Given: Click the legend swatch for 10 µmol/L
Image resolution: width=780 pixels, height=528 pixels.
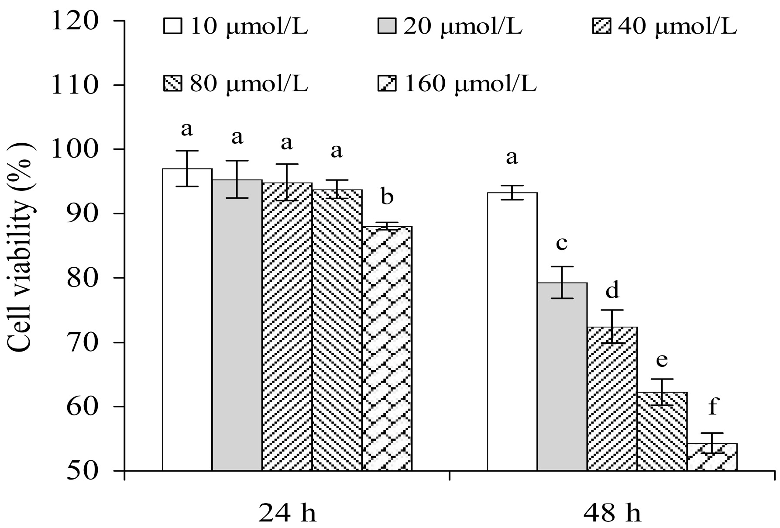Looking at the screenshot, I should click(x=172, y=26).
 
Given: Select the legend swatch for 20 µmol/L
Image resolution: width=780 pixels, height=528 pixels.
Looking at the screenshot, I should click(x=386, y=26).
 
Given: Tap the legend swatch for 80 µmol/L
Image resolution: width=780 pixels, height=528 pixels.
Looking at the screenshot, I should click(x=172, y=83).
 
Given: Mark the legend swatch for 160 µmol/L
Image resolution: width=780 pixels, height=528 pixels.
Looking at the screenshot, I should click(x=386, y=83).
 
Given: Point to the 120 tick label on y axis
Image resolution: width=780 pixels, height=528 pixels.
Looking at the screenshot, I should click(x=75, y=21).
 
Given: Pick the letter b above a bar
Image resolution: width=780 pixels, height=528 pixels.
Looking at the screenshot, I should click(x=387, y=197).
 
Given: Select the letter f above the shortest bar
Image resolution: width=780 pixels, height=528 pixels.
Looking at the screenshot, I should click(x=712, y=407).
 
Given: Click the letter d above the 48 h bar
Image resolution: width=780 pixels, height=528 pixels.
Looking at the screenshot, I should click(x=612, y=290).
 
